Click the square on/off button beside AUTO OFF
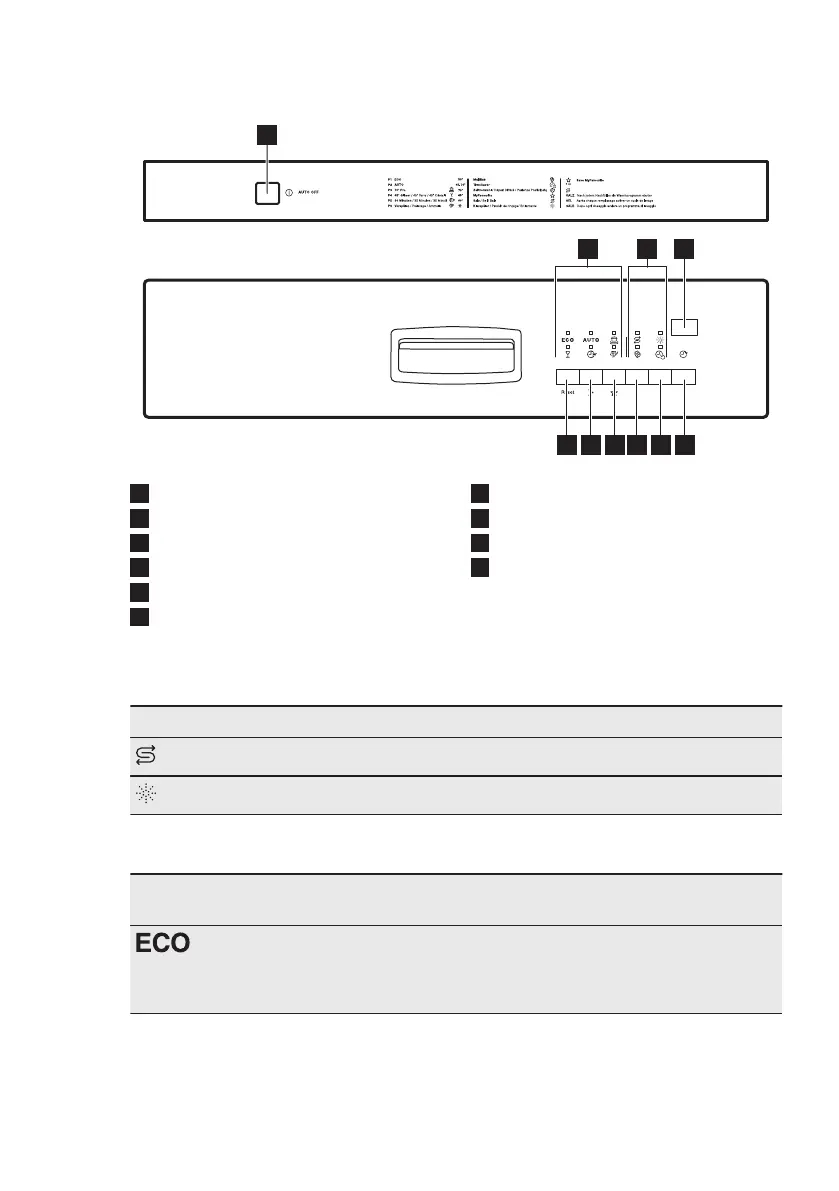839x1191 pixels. point(265,193)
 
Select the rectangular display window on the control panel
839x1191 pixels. point(684,327)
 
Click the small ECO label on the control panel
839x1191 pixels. point(567,341)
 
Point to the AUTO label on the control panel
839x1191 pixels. point(590,341)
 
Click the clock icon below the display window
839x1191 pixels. point(684,354)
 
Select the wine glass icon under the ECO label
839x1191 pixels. point(567,354)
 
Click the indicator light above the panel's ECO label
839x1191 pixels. point(567,331)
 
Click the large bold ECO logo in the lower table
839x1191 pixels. point(162,945)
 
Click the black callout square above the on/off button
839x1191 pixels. point(266,134)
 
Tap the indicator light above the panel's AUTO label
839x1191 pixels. point(590,331)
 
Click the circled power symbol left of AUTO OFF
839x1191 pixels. point(289,193)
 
